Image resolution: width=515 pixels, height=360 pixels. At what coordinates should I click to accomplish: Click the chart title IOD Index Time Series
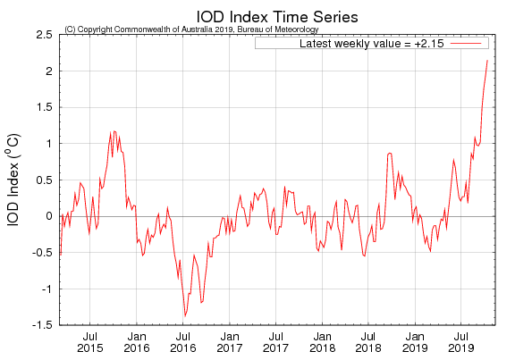(x=265, y=14)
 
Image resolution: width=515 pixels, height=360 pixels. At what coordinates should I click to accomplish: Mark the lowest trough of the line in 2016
(x=185, y=315)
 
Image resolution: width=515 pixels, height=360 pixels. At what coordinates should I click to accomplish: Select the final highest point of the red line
(x=487, y=60)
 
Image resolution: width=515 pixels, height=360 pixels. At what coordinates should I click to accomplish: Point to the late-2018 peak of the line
(x=390, y=153)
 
